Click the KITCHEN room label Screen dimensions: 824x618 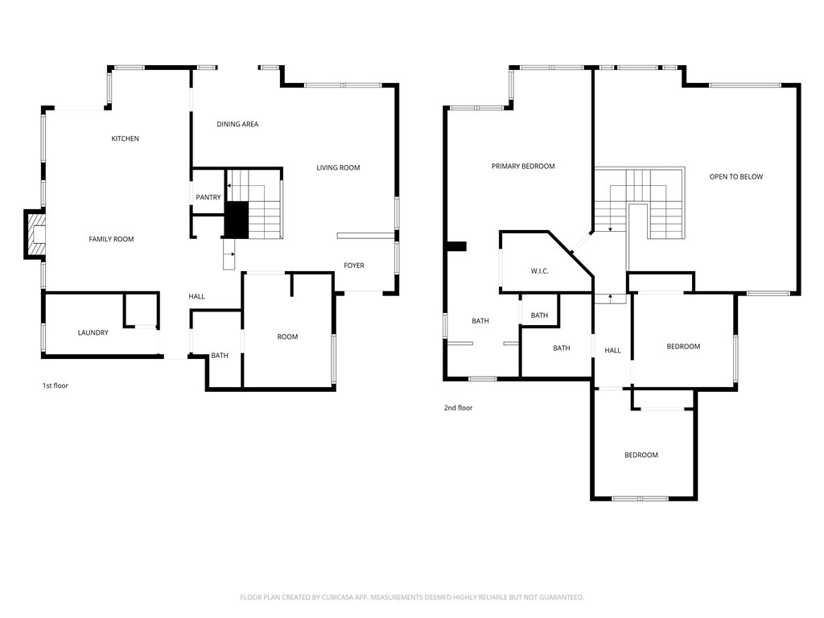tap(125, 138)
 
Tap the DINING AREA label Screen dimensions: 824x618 tap(237, 125)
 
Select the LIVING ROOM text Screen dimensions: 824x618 tap(338, 167)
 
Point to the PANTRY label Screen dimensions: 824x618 tap(208, 198)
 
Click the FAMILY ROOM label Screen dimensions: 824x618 tap(111, 239)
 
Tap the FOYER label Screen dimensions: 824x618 tap(354, 266)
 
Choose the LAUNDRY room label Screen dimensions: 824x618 tap(93, 332)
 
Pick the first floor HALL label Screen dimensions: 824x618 tap(196, 296)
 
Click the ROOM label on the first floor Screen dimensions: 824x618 tap(287, 337)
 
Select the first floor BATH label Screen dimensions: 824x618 tap(220, 356)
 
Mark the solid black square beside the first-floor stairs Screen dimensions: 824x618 tap(237, 220)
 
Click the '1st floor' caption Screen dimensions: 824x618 tap(56, 385)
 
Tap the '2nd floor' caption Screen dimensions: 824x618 tap(458, 408)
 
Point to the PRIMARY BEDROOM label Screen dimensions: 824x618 tap(523, 167)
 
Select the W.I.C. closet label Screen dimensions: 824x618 tap(539, 271)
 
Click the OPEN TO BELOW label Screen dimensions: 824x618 tap(735, 177)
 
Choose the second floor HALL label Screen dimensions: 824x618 tap(612, 351)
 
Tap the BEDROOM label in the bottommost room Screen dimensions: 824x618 tap(641, 455)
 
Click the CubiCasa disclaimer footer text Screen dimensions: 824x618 tap(412, 598)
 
